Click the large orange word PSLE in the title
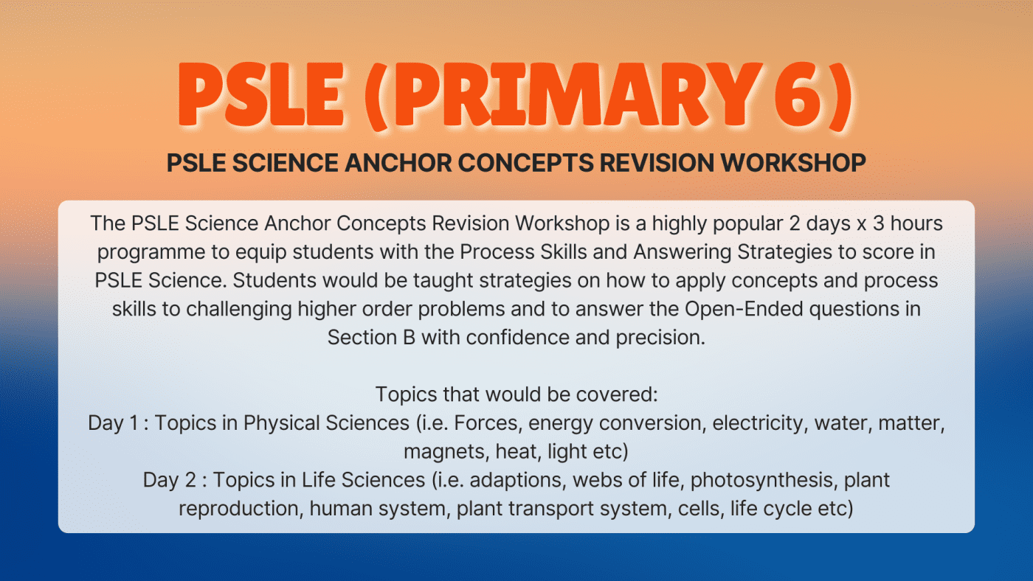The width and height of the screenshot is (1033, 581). click(x=261, y=94)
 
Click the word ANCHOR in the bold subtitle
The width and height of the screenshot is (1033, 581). click(x=398, y=163)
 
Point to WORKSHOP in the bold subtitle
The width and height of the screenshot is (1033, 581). click(x=794, y=163)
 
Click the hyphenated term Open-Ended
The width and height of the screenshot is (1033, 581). click(x=744, y=309)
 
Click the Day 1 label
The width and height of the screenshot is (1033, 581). click(x=113, y=423)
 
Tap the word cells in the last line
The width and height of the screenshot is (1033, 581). click(x=700, y=509)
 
